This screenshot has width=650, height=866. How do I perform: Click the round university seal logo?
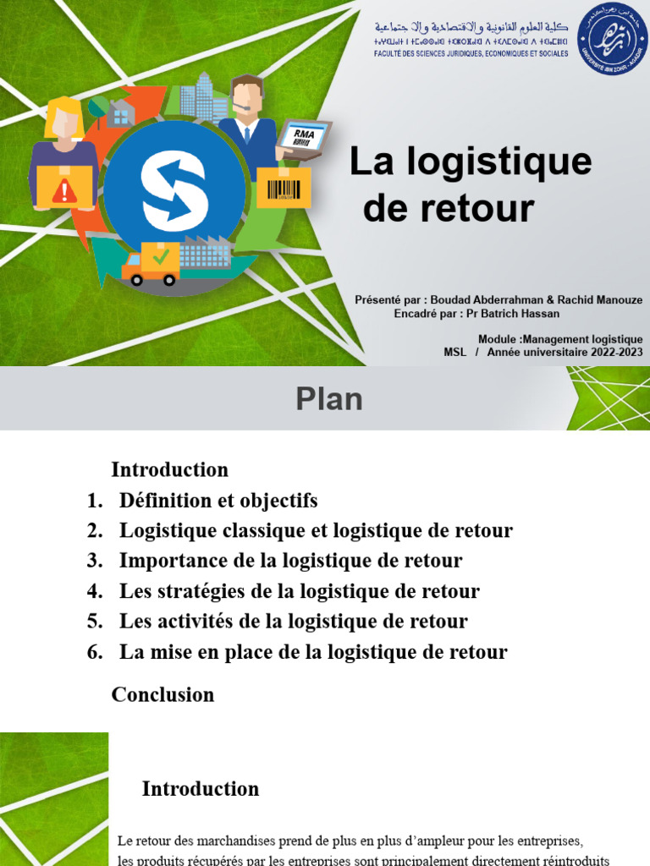point(612,37)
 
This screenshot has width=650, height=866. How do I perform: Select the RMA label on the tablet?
point(304,134)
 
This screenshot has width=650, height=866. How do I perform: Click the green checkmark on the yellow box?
point(161,253)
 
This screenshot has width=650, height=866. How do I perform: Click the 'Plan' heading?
point(329,399)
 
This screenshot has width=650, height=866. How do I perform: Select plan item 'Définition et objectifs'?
point(218,501)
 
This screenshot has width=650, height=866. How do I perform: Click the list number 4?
point(94,591)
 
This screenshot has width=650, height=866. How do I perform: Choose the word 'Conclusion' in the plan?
point(162,695)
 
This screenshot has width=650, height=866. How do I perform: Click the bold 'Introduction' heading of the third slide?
point(201,789)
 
